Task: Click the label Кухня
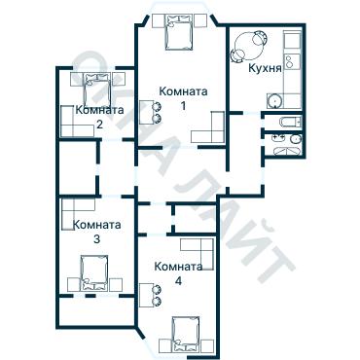point(265,70)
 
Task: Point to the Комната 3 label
point(96,231)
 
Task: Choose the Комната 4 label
point(178,272)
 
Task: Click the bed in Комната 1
point(177,35)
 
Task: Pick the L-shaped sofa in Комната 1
point(209,128)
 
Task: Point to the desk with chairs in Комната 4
point(148,296)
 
